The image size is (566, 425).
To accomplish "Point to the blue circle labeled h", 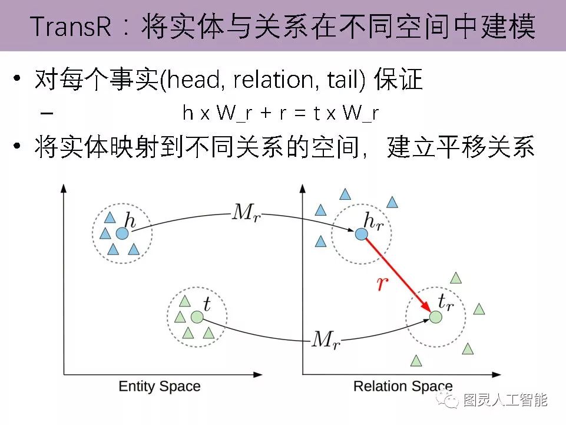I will click(122, 234).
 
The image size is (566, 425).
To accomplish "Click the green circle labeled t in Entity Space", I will click(197, 317).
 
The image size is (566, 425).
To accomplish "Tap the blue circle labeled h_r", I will click(361, 234).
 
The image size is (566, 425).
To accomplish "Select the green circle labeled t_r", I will click(435, 317).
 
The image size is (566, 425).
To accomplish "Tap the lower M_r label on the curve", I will click(325, 339).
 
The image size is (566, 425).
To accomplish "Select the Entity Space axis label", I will click(160, 387).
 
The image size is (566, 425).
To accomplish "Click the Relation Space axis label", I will click(403, 387).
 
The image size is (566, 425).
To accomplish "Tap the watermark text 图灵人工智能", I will click(505, 401).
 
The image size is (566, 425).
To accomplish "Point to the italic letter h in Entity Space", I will click(131, 222).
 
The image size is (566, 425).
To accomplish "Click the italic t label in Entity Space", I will click(206, 304).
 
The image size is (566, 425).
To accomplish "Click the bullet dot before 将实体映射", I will click(19, 147).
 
